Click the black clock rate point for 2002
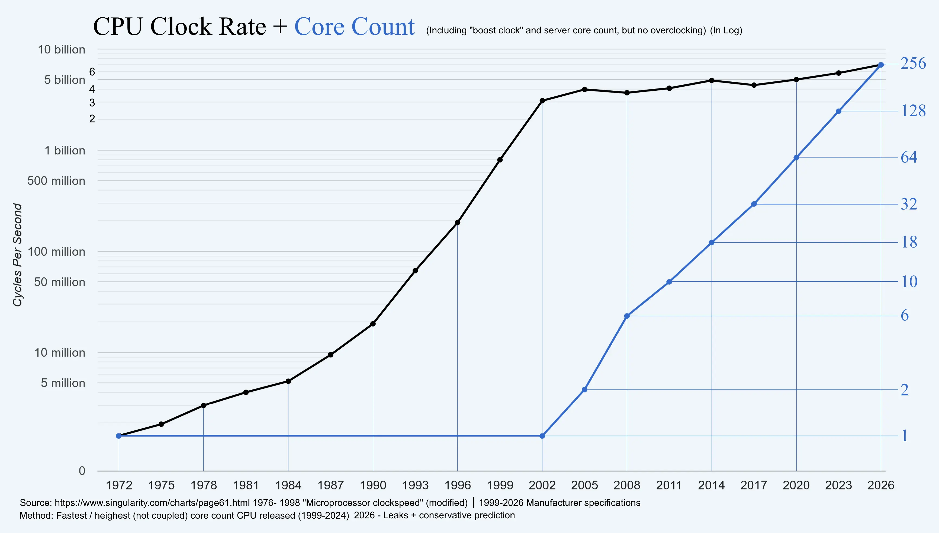(x=542, y=101)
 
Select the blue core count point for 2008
(x=627, y=316)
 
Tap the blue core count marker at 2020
(x=796, y=158)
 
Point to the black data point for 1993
(x=415, y=271)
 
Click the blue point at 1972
(x=118, y=436)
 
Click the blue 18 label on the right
(x=909, y=242)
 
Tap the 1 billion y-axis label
(x=65, y=150)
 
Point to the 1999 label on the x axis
(x=500, y=486)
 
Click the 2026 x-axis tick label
(x=880, y=486)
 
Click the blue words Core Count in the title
(x=354, y=26)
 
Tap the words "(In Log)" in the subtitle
(x=726, y=30)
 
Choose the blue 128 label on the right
(x=913, y=110)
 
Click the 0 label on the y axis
(x=82, y=471)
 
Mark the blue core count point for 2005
(x=584, y=389)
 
